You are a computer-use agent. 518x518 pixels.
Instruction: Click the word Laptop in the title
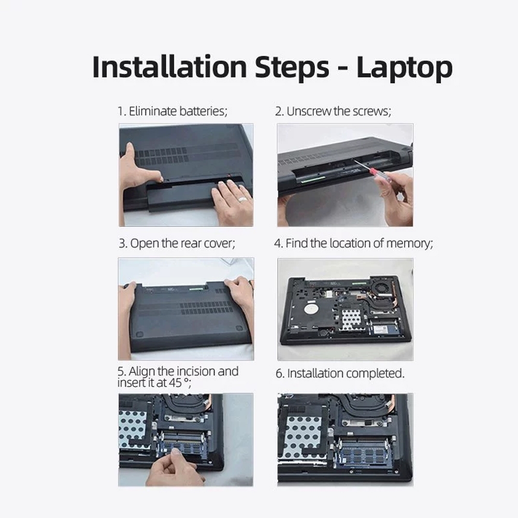point(405,68)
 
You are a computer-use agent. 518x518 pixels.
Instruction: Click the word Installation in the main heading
point(169,67)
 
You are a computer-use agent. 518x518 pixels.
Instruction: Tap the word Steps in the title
point(292,68)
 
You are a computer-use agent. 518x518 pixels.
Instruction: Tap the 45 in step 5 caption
point(175,383)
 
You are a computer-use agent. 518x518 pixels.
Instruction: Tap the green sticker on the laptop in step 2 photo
point(313,179)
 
